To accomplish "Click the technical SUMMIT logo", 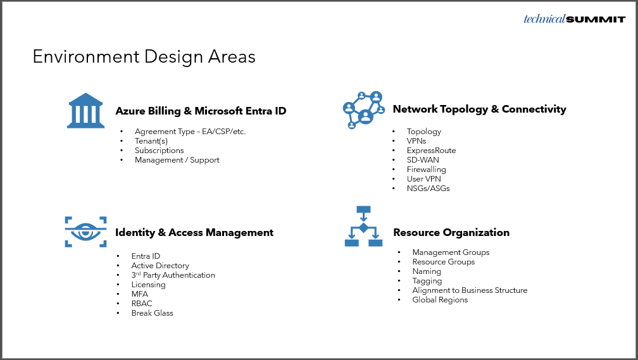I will pos(574,19).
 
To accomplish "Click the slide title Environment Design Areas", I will pos(144,57).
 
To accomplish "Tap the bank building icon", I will pos(85,111).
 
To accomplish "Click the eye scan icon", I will pos(85,232).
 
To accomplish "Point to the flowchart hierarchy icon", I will pos(363,227).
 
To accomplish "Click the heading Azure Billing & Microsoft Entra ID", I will pos(201,111).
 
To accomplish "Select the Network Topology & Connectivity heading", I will pos(479,109).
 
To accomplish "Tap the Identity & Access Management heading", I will pos(194,232).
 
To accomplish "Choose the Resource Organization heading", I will pos(451,232).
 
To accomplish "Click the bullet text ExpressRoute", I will pos(431,151).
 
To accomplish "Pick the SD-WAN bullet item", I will pos(423,160).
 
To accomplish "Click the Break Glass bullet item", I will pos(152,313).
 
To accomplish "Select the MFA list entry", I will pos(139,294).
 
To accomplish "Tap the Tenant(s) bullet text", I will pos(151,141).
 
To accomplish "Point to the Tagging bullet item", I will pos(427,281).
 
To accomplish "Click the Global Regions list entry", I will pos(440,300).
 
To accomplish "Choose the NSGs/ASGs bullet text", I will pos(428,189).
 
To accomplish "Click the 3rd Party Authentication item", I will pos(173,275).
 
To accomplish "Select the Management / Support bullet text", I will pos(177,160).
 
